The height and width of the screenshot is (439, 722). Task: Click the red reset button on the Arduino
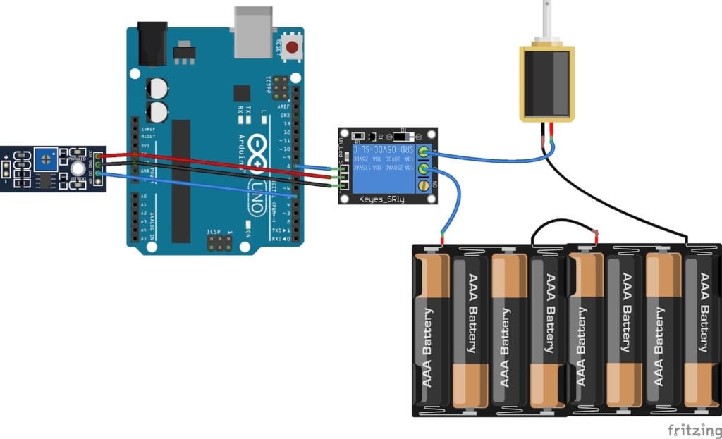292,49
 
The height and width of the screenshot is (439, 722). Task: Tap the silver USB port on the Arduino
252,32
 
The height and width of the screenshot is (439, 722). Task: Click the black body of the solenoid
546,83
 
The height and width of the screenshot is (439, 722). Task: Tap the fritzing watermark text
694,428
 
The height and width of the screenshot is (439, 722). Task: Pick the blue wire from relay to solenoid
494,159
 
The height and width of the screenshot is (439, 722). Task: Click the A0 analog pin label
143,196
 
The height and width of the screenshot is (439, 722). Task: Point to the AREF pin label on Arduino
285,105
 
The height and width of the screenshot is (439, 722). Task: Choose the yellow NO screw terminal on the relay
423,186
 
